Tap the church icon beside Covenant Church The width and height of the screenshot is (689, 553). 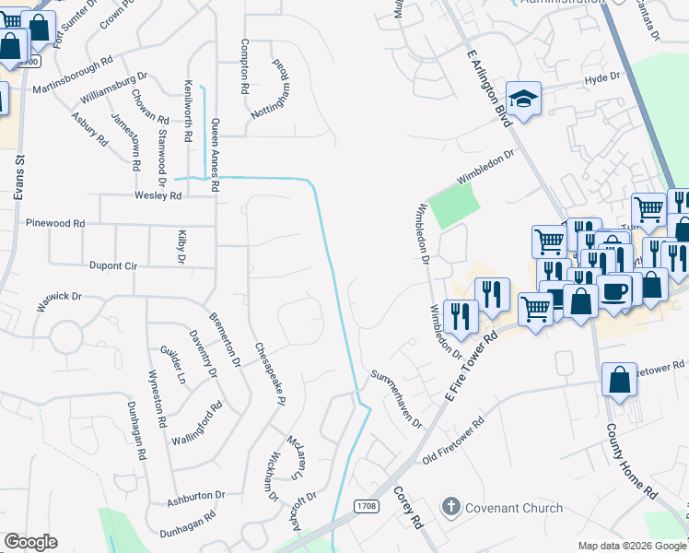pos(450,507)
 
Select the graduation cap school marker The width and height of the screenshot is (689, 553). pos(524,100)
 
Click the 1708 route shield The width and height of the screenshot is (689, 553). pos(366,506)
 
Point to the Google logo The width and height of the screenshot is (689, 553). pos(30,542)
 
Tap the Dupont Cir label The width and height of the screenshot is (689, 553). pos(112,265)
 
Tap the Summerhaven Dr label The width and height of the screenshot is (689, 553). pos(396,400)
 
